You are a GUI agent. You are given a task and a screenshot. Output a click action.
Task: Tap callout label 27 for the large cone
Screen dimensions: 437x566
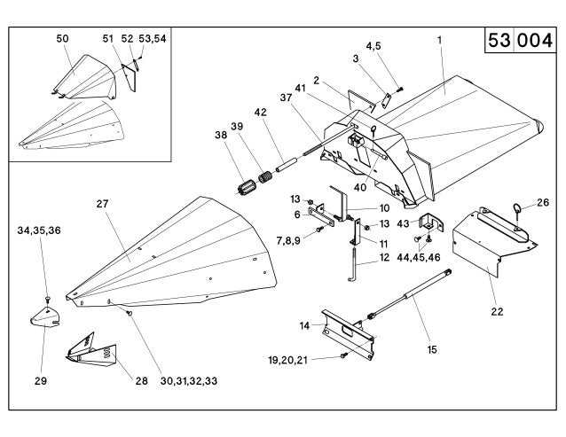click(x=104, y=204)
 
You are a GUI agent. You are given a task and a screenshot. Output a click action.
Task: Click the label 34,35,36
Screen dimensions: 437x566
click(x=40, y=230)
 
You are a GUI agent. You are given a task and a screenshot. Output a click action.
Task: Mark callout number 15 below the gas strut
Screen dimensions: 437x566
click(x=432, y=350)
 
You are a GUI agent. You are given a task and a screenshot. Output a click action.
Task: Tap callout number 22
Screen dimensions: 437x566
click(x=498, y=311)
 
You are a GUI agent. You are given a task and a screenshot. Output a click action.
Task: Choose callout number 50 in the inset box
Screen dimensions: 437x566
click(x=61, y=39)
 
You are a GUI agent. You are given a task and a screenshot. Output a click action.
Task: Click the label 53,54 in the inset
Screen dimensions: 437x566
click(x=153, y=39)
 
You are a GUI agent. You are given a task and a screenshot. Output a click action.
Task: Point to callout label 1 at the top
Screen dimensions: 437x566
click(x=439, y=39)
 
